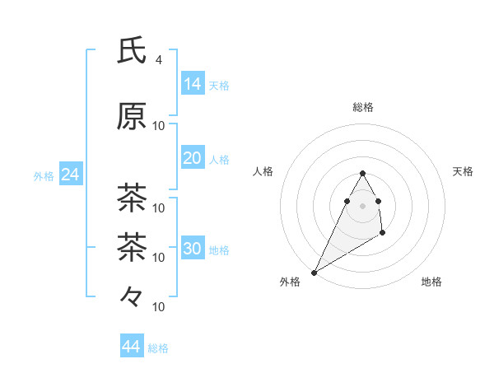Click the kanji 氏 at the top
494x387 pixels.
(133, 52)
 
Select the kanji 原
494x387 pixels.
(133, 116)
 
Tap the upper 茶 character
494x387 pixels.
(133, 198)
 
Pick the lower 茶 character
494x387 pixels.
(133, 246)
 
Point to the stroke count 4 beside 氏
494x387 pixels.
(159, 60)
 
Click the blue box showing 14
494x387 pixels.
(193, 83)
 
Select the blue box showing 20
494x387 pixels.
(193, 158)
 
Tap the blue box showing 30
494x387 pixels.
(193, 249)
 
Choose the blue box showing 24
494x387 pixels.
(70, 175)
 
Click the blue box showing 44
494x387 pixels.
(131, 347)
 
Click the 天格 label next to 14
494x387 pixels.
(219, 85)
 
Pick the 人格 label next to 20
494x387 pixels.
(219, 160)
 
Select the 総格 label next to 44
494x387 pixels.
(158, 348)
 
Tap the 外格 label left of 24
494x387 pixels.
(44, 175)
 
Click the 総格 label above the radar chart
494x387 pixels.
(362, 107)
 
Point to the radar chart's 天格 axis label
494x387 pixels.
(464, 171)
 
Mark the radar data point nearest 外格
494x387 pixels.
(314, 272)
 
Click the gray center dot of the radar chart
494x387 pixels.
(362, 205)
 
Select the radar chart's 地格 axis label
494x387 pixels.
(431, 282)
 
